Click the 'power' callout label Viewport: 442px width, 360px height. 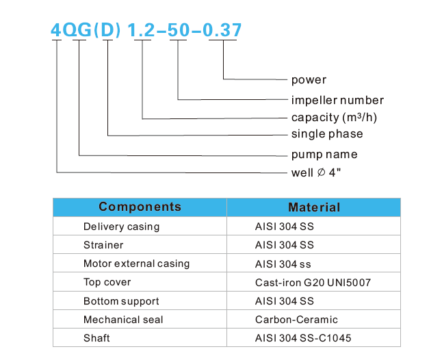309,80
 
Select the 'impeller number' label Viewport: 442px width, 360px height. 337,100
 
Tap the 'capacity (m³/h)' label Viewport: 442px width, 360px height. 334,117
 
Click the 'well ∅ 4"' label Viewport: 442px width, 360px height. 315,172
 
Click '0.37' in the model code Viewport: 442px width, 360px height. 221,31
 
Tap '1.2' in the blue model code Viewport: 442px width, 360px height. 142,31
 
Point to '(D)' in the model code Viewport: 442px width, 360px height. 107,31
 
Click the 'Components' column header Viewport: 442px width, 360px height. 140,207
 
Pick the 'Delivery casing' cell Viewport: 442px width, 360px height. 121,227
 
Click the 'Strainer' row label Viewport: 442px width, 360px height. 103,245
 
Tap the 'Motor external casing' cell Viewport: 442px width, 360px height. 136,263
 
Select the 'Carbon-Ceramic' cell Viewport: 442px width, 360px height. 296,320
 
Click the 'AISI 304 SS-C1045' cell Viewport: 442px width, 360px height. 304,338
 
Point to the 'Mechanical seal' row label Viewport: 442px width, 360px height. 123,320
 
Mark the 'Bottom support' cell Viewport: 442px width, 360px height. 121,301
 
